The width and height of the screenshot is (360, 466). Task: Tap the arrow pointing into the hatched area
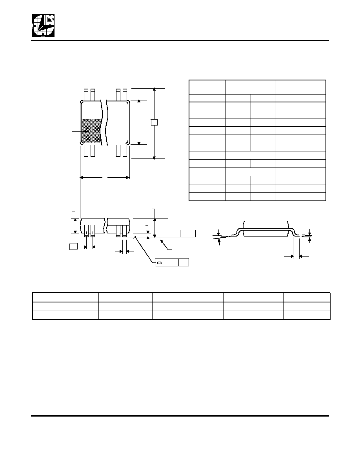coord(81,131)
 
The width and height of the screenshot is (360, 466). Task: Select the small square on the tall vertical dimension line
coord(154,122)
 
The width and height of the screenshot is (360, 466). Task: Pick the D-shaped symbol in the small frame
coord(159,263)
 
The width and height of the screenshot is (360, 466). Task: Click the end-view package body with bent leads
coord(266,229)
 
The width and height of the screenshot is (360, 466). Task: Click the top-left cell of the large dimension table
coord(207,87)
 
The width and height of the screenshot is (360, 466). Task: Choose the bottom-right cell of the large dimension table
coord(313,197)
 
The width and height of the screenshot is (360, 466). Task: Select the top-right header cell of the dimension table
coord(301,87)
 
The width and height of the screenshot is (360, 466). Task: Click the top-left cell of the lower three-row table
coord(65,297)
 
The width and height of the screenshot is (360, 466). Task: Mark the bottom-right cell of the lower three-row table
coord(307,315)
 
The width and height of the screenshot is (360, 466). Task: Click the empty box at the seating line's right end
coord(188,233)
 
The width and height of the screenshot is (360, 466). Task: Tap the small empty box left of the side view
coord(73,246)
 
